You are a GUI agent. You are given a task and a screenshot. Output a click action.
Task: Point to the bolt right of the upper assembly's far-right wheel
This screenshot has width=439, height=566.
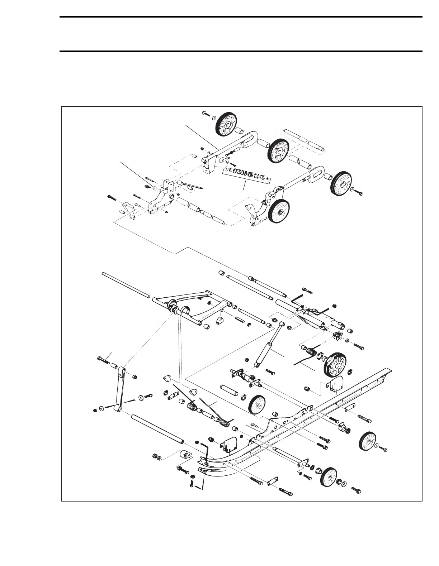(359, 192)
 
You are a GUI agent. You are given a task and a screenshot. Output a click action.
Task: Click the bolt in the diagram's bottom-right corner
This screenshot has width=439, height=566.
(357, 489)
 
